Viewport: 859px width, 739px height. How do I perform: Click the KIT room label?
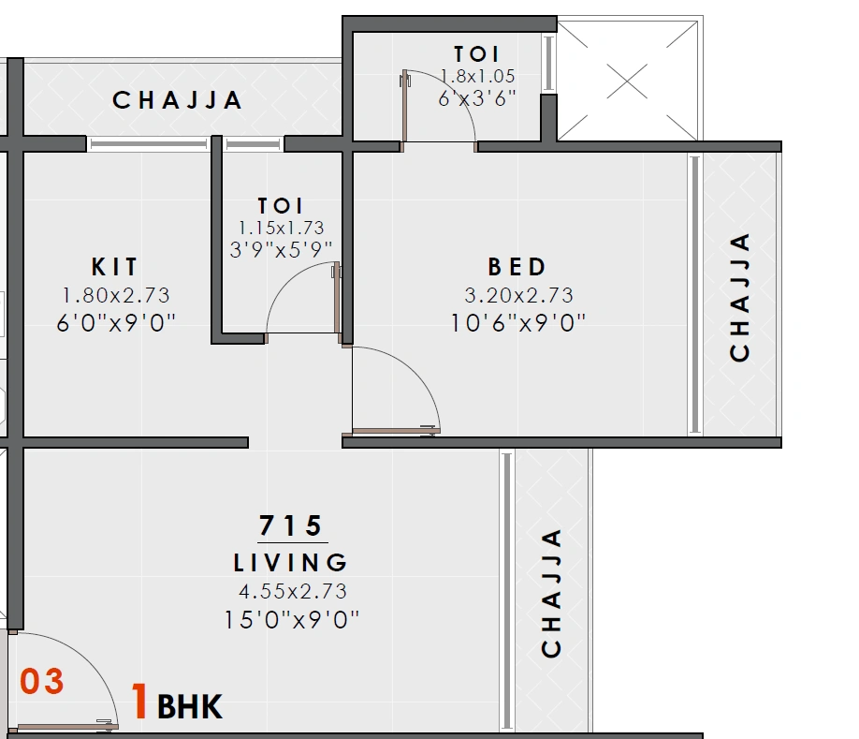click(115, 266)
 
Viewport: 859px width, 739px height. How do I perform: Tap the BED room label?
click(517, 266)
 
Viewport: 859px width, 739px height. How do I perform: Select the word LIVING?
click(291, 563)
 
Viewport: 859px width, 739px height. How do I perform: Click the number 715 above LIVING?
click(291, 525)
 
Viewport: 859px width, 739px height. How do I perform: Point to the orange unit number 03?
click(43, 682)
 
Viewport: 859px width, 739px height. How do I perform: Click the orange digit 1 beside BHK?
click(139, 702)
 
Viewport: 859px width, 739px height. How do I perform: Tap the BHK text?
click(190, 707)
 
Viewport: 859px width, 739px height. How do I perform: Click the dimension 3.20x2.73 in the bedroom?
click(518, 295)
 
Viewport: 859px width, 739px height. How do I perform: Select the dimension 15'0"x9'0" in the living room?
click(292, 620)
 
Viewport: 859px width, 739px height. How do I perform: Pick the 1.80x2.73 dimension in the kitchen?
click(116, 295)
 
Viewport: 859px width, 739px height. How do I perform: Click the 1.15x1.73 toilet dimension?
click(282, 228)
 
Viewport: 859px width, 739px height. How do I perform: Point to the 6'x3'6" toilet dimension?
click(477, 98)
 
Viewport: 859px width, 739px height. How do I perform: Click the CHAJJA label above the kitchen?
click(178, 100)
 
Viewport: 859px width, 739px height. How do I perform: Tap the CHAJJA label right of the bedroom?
click(740, 297)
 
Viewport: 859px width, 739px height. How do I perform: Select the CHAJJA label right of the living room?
click(552, 593)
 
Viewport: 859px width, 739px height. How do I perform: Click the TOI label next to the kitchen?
click(281, 205)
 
